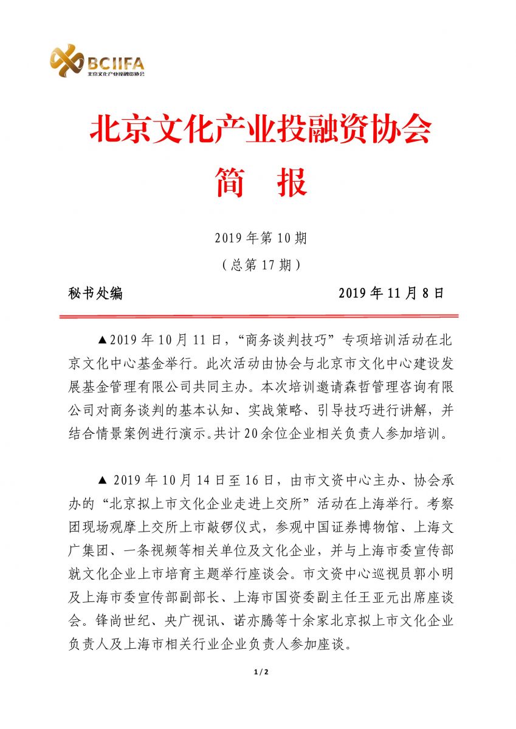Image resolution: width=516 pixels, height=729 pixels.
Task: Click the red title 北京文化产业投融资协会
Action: [x=261, y=129]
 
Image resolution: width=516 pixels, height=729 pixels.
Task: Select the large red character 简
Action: [x=230, y=182]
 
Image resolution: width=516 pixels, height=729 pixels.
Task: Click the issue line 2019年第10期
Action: [x=261, y=238]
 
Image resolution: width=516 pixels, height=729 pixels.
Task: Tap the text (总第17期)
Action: [x=261, y=265]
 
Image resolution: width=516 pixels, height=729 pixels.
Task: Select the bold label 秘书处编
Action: [x=96, y=293]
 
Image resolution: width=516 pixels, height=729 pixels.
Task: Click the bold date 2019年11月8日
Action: [x=391, y=293]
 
